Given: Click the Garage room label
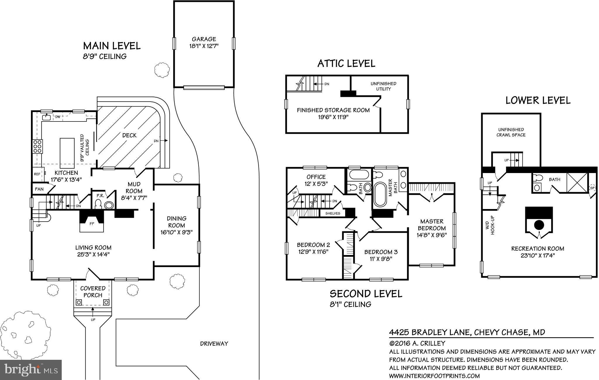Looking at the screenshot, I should coord(204,39).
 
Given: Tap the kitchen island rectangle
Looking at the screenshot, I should coord(65,152).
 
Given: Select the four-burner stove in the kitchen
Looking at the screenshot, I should coord(37,146).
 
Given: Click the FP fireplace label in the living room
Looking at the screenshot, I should coord(92,224).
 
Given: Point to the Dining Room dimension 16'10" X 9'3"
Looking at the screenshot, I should coord(176,232).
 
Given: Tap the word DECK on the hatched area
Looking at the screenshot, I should coord(129,135).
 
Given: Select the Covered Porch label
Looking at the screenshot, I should coord(93,292).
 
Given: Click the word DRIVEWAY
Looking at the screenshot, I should coord(214,344).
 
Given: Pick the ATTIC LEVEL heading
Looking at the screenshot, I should coord(346,64).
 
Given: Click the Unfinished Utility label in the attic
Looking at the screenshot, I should coord(383,86).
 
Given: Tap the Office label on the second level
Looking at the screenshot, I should coord(316,177).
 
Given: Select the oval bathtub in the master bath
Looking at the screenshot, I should coord(380,194).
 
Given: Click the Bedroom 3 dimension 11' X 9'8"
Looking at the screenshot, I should coord(381,259).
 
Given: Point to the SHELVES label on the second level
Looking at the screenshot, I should coord(333,213).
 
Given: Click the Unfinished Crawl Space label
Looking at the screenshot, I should coord(511,132).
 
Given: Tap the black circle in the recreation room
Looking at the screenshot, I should coord(539,225).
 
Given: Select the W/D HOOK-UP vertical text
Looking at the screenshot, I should coord(490,225).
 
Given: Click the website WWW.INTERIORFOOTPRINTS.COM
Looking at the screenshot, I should coord(434,376).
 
